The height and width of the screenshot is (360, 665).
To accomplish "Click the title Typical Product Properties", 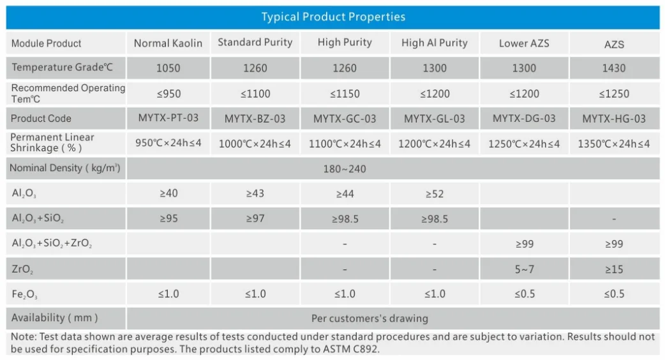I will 332,17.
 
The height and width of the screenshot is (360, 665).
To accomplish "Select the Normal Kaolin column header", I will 168,43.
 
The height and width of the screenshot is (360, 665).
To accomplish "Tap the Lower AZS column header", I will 523,43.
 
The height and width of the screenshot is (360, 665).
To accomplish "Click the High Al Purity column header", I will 434,43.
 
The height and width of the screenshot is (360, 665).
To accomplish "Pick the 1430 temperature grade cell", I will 613,68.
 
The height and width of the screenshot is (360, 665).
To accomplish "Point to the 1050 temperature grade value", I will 168,68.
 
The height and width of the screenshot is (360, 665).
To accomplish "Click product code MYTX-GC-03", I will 345,119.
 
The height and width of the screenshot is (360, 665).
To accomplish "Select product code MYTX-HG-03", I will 613,119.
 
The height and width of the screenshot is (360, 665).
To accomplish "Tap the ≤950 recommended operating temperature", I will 168,94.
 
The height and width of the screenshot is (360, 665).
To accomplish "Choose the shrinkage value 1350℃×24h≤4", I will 613,144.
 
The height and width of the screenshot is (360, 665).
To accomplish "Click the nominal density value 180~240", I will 345,169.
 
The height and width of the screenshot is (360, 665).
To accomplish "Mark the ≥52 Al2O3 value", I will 434,194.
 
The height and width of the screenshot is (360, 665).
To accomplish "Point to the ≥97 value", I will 255,219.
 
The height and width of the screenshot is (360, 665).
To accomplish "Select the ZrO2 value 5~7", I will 524,269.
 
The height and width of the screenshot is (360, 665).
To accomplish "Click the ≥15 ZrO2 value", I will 613,269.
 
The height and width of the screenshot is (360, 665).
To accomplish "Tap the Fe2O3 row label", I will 24,294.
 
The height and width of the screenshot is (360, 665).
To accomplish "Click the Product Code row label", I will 41,119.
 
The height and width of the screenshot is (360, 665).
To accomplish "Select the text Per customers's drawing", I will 370,318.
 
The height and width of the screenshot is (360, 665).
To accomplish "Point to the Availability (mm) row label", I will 54,317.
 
